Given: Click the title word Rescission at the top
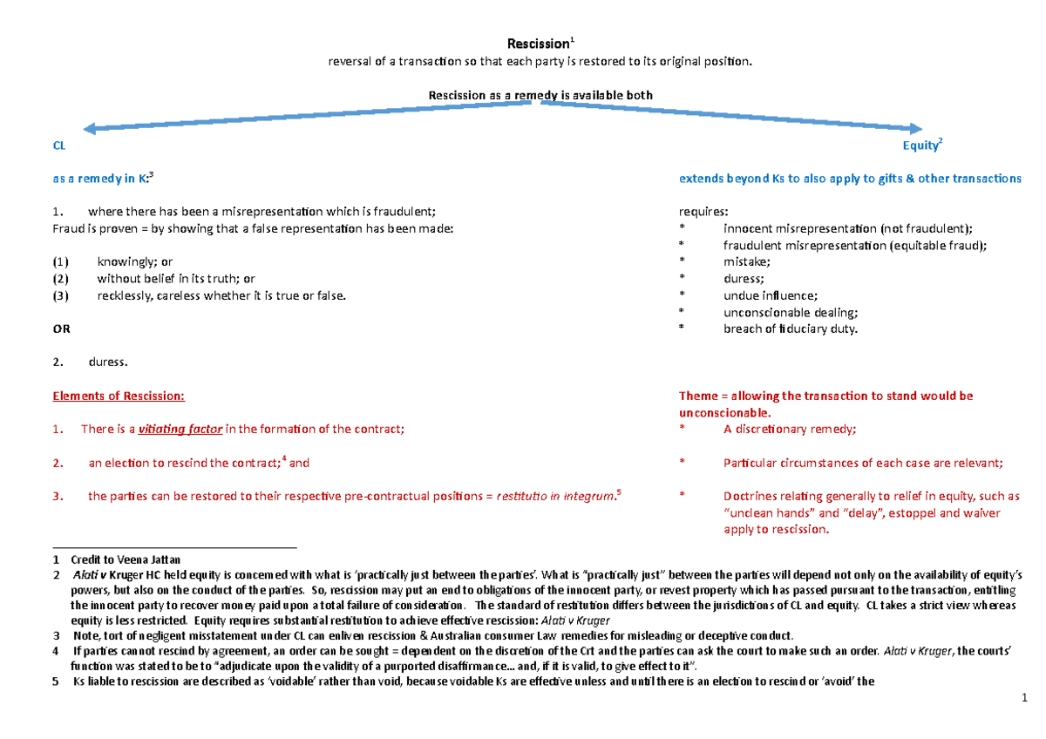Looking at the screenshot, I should click(537, 44).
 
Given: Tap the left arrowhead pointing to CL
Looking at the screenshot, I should click(78, 129).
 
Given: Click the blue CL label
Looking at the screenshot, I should click(59, 146).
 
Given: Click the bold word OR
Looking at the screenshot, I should click(61, 329).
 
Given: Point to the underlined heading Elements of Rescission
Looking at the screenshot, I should click(119, 396).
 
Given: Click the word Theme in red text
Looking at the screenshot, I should click(698, 396).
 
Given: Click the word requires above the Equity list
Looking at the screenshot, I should click(704, 211).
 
